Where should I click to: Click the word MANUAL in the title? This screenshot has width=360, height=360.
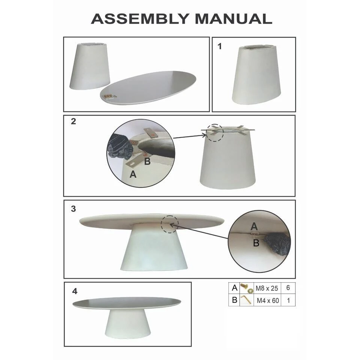click(x=234, y=19)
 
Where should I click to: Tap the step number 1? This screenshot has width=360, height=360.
click(x=220, y=46)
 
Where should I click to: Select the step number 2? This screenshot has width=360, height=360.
click(x=73, y=121)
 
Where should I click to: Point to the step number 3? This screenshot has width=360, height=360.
click(x=73, y=209)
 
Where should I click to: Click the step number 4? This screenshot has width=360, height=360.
click(x=75, y=291)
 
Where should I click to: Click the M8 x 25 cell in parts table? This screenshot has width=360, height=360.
click(x=267, y=288)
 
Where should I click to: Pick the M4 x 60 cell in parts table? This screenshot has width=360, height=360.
click(x=268, y=300)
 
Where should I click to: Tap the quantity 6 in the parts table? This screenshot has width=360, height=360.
click(x=288, y=288)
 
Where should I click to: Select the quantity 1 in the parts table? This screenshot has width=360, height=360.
click(x=288, y=300)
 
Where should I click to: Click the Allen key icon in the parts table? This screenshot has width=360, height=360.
click(x=246, y=300)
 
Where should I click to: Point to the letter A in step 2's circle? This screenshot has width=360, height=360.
click(x=133, y=174)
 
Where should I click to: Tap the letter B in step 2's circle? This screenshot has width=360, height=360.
click(x=147, y=161)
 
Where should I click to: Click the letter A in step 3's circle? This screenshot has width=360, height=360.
click(x=254, y=226)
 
